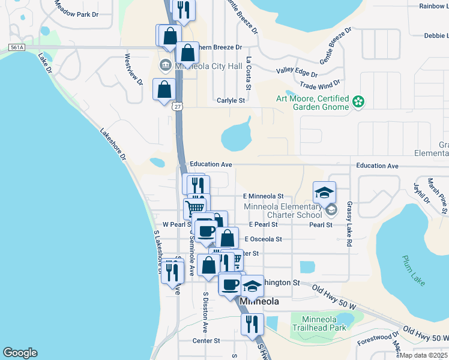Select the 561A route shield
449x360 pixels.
17,47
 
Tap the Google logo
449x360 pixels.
20,353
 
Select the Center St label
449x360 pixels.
206,341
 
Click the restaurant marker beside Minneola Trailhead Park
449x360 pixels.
252,324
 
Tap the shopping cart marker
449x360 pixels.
194,208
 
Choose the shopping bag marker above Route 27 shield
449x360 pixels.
164,89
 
